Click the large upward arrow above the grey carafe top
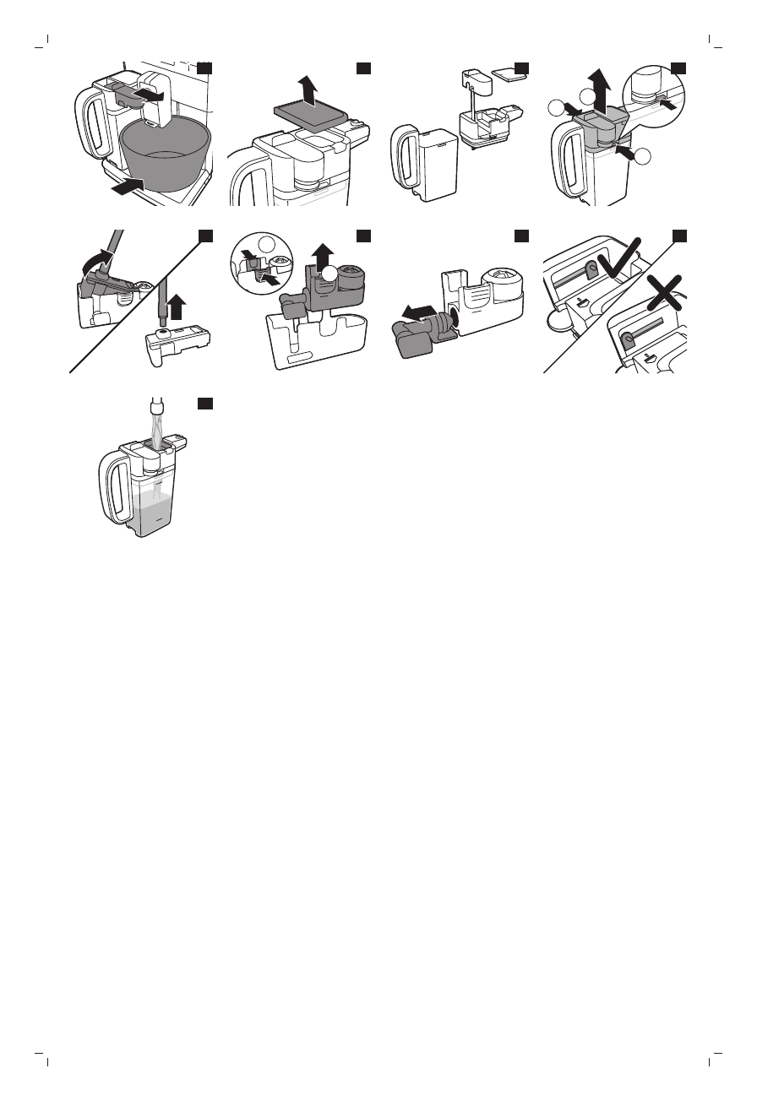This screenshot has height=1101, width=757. tap(600, 85)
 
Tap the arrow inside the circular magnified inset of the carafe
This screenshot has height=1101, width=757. tap(666, 106)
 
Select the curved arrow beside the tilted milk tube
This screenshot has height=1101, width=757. tap(95, 257)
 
